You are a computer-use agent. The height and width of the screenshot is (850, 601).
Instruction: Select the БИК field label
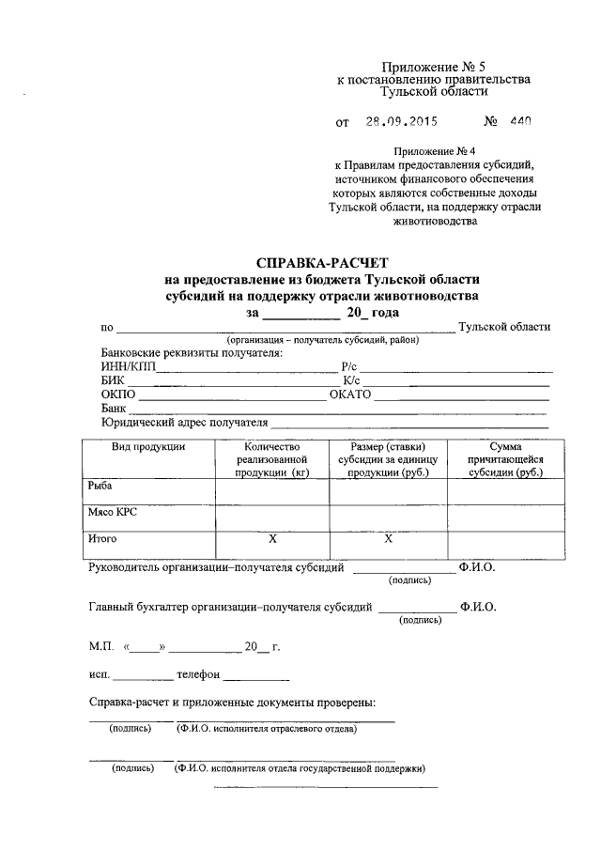(x=112, y=379)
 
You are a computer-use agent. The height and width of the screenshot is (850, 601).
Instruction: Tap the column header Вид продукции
(x=148, y=446)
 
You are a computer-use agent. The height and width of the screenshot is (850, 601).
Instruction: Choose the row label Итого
(x=102, y=539)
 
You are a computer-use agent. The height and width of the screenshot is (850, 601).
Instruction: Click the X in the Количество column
(x=272, y=540)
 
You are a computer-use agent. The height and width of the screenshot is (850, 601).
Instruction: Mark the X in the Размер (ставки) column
(x=388, y=540)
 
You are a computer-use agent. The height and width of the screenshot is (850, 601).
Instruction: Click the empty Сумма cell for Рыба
(x=506, y=491)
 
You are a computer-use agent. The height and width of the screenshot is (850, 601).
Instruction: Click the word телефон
(x=199, y=674)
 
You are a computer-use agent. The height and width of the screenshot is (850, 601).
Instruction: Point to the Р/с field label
(x=349, y=366)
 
